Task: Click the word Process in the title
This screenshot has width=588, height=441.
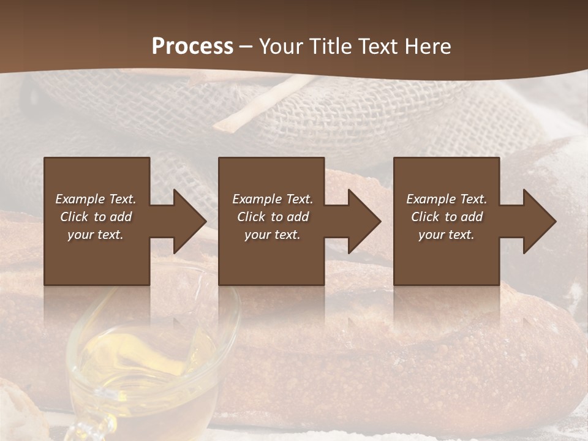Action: [192, 47]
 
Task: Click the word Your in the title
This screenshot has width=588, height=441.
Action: [282, 47]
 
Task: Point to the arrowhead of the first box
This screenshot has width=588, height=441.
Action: [187, 221]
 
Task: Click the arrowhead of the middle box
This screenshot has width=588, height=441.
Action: [362, 221]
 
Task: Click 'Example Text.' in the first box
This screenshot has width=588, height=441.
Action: [96, 199]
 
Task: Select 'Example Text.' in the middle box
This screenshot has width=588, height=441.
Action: [273, 199]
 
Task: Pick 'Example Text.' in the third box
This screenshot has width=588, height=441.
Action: [447, 199]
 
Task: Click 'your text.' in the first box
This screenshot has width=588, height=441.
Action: [96, 235]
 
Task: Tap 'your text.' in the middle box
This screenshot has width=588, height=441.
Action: [273, 235]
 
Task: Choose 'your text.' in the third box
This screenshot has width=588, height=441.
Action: [447, 235]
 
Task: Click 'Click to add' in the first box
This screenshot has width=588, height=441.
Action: [96, 217]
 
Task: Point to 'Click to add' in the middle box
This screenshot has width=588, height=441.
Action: [273, 217]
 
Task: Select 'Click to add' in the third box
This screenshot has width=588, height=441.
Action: [447, 217]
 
